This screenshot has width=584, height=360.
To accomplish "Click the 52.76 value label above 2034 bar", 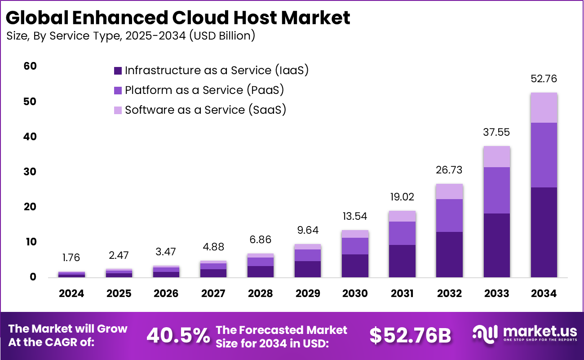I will [x=544, y=79].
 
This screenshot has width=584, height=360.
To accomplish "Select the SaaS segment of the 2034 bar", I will [x=544, y=108].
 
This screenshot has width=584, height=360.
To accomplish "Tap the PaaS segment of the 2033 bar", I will [x=496, y=190].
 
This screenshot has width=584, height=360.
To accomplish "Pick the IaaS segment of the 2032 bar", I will [x=449, y=254].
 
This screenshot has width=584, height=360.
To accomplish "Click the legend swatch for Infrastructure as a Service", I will [x=118, y=71].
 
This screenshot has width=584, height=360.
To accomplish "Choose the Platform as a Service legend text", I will [x=204, y=90].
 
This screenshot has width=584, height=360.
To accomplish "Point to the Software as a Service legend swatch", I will [x=118, y=110].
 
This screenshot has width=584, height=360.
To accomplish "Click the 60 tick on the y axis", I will [x=30, y=67].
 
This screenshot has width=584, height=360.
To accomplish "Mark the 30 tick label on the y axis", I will [x=30, y=172].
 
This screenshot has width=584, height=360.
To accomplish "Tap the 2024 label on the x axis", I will [x=71, y=293].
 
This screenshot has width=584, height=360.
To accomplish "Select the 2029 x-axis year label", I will [x=308, y=293].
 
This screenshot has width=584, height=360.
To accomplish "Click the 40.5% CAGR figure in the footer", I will [x=178, y=335].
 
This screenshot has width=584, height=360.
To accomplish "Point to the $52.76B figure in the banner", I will [x=410, y=335].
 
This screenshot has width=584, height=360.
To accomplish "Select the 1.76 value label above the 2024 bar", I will [x=71, y=258].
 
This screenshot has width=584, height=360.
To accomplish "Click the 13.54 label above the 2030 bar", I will [x=355, y=216].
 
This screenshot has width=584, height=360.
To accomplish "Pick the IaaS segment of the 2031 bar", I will [x=402, y=261].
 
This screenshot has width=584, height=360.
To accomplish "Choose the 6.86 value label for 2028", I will [x=261, y=240].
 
